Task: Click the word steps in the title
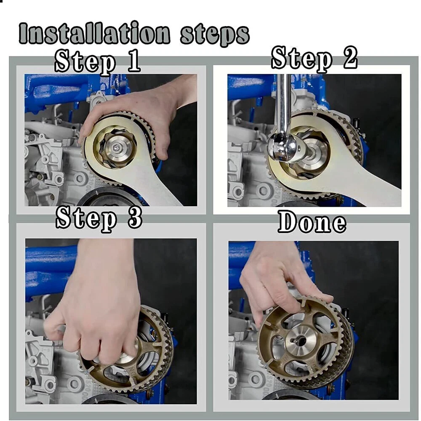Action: (x=215, y=35)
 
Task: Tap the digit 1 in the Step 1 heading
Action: (x=133, y=61)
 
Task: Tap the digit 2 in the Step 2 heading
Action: (x=349, y=57)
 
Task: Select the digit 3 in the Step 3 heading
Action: (x=135, y=218)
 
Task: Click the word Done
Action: (x=312, y=222)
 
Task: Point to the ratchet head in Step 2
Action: (x=285, y=147)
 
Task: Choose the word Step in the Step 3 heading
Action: (x=86, y=219)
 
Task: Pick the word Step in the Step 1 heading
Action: (x=85, y=63)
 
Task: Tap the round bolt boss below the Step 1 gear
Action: (x=80, y=178)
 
